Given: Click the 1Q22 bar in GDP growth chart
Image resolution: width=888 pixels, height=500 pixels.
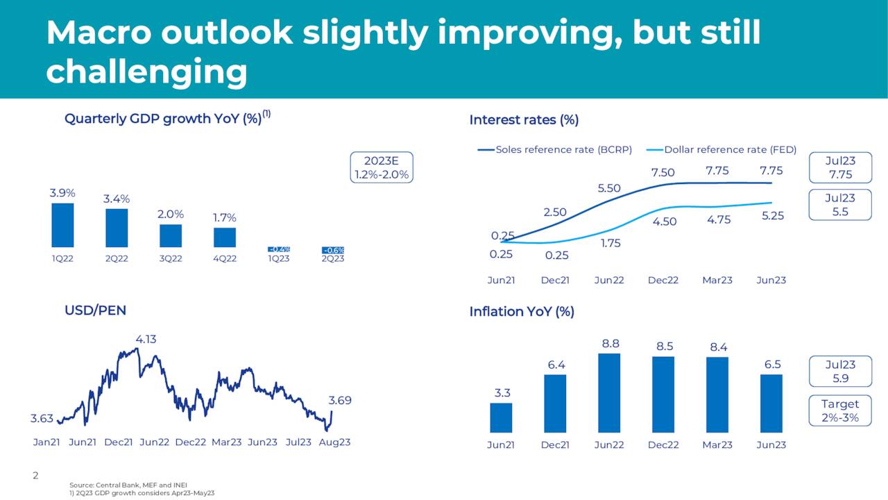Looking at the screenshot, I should pos(62,225).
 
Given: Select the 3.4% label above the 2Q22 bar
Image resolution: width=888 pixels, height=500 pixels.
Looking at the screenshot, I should pos(117,199).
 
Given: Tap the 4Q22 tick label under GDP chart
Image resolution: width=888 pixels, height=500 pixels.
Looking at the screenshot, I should pos(225,258).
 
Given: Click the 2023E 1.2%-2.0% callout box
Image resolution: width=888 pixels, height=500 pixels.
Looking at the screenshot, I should pos(382,167).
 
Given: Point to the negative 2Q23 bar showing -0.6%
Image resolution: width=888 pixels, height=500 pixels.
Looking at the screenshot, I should pos(333,251).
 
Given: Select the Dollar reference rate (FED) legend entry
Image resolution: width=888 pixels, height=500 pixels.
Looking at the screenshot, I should pos(721,149).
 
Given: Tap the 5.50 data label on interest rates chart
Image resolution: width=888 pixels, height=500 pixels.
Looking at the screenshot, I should pos(608,188).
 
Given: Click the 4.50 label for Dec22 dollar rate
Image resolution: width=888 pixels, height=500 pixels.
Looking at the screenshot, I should pos(663,222).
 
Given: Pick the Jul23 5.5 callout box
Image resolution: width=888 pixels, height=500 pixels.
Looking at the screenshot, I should pos(839,205).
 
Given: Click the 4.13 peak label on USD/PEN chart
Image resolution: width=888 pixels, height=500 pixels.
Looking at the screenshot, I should pos(146,340).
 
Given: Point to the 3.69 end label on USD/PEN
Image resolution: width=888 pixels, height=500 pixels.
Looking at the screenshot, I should pos(340,400).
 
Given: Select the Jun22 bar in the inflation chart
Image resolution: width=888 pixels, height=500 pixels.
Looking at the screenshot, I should pos(609,393).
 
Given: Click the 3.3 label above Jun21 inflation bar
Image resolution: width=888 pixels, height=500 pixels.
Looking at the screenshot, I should pos(502,393).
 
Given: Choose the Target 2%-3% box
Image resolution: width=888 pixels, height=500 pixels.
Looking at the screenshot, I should pos(839,410).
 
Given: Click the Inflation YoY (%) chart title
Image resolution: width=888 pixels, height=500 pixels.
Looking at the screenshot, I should pos(522,312).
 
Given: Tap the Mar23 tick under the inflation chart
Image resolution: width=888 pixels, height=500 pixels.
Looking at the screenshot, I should pos(717,445).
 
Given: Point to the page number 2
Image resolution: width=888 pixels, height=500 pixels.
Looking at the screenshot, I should pos(35,476).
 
